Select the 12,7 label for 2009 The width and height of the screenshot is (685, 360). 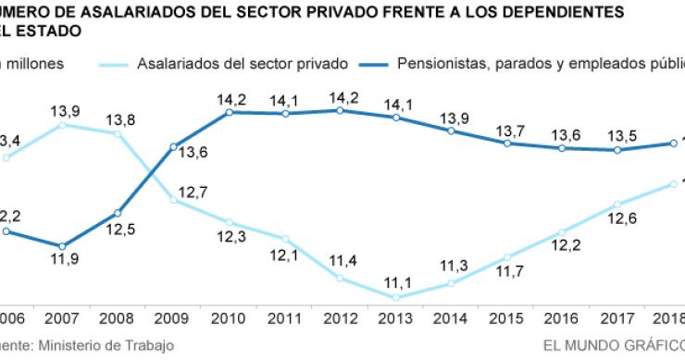[x=190, y=192]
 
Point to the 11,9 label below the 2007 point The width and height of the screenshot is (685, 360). [x=63, y=261]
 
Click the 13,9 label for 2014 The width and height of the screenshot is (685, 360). [x=452, y=117]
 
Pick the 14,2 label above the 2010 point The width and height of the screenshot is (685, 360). [x=229, y=96]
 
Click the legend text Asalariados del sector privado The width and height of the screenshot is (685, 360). [x=242, y=64]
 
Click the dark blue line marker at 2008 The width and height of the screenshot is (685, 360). [x=118, y=213]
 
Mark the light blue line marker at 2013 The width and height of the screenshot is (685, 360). [x=396, y=297]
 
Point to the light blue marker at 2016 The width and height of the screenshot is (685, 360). [x=563, y=232]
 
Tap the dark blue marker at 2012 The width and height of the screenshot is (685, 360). [x=341, y=110]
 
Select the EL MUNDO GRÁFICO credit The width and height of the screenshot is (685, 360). [x=611, y=345]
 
